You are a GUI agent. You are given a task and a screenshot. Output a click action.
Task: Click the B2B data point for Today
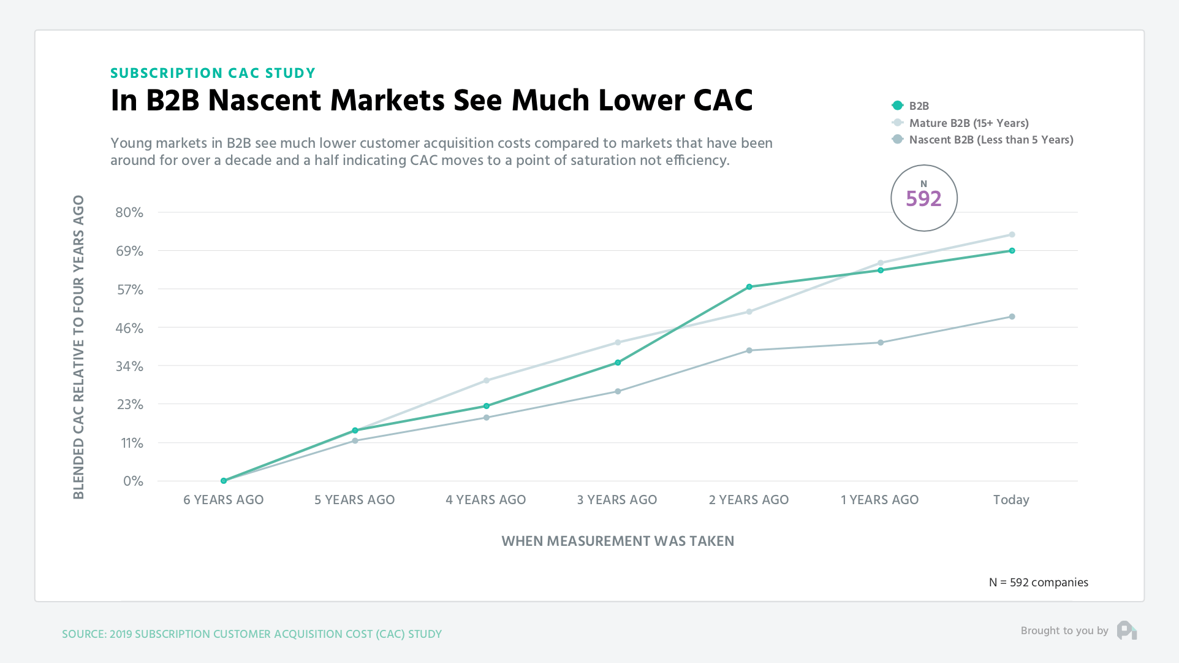pyautogui.click(x=1012, y=251)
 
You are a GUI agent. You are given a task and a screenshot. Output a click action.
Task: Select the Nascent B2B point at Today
pyautogui.click(x=1012, y=316)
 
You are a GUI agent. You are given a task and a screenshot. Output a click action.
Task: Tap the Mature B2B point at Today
pyautogui.click(x=1012, y=235)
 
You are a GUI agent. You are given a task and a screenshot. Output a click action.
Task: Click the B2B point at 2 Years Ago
pyautogui.click(x=749, y=287)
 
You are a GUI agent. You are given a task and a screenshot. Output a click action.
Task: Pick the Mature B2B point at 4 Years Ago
pyautogui.click(x=487, y=381)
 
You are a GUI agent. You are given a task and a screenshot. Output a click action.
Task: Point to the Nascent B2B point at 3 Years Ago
pyautogui.click(x=618, y=391)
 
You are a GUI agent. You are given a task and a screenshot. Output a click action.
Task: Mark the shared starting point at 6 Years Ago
pyautogui.click(x=224, y=481)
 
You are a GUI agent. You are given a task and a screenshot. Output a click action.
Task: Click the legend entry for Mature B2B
pyautogui.click(x=968, y=123)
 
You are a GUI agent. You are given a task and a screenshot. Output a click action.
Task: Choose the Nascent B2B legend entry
pyautogui.click(x=990, y=140)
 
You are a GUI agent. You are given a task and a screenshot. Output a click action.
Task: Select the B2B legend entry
pyautogui.click(x=919, y=106)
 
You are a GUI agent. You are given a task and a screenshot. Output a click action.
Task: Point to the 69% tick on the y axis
pyautogui.click(x=129, y=251)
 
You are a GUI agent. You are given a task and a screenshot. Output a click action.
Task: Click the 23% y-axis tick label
pyautogui.click(x=129, y=404)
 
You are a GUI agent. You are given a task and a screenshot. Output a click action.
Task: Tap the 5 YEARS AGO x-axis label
pyautogui.click(x=355, y=500)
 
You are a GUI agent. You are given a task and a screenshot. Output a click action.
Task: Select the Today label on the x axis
pyautogui.click(x=1011, y=500)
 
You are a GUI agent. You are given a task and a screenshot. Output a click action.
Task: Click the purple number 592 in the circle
pyautogui.click(x=923, y=199)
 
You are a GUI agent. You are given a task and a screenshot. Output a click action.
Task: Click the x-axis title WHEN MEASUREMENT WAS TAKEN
pyautogui.click(x=618, y=541)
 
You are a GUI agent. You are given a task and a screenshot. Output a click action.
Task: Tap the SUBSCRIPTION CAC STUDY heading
pyautogui.click(x=213, y=73)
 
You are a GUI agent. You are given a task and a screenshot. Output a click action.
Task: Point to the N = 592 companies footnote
pyautogui.click(x=1039, y=582)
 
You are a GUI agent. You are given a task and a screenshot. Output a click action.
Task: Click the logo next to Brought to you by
pyautogui.click(x=1126, y=630)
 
